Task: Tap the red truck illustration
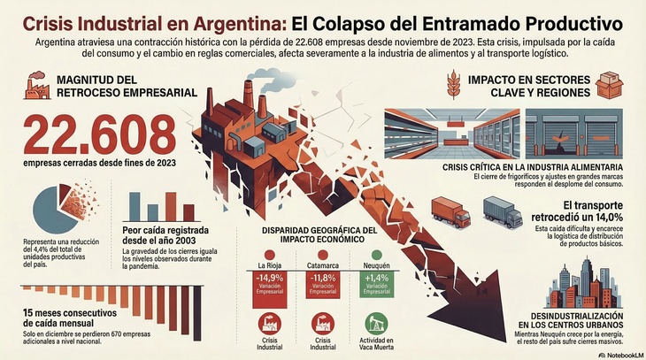pyautogui.click(x=450, y=211)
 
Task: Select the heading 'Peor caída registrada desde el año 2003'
pyautogui.click(x=166, y=238)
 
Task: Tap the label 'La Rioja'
pyautogui.click(x=269, y=264)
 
